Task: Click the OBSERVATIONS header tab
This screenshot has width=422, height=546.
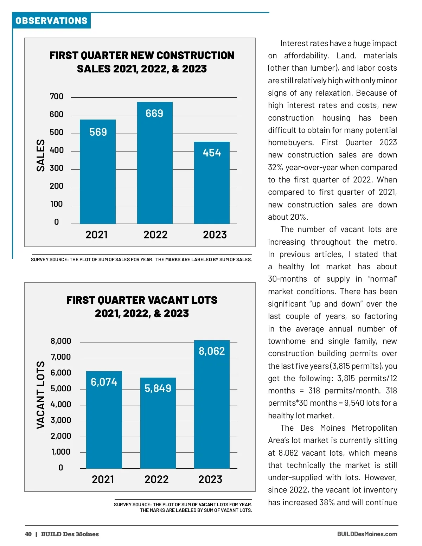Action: click(x=51, y=21)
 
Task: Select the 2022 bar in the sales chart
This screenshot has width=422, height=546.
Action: click(x=155, y=165)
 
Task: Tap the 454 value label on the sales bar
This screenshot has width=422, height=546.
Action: click(x=212, y=153)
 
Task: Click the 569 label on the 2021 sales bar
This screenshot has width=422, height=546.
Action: click(x=98, y=132)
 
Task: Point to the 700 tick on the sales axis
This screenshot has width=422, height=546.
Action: click(x=57, y=96)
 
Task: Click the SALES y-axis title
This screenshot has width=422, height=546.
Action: click(x=41, y=155)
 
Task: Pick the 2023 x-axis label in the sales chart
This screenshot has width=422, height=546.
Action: click(x=215, y=235)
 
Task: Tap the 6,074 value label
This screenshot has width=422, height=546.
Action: click(x=104, y=382)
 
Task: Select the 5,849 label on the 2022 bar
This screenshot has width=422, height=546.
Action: click(x=158, y=388)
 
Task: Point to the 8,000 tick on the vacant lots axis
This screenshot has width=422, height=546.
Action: click(x=61, y=341)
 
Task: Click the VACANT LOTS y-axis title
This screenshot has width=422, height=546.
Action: click(x=41, y=395)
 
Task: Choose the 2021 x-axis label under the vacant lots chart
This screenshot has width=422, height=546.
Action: click(x=103, y=479)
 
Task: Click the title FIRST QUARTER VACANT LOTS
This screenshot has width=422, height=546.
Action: click(x=142, y=300)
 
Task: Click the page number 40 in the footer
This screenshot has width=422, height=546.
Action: click(x=28, y=534)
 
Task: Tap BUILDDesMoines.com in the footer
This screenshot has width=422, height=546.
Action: click(x=367, y=534)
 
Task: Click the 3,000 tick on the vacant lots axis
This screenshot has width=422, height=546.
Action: click(x=61, y=420)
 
